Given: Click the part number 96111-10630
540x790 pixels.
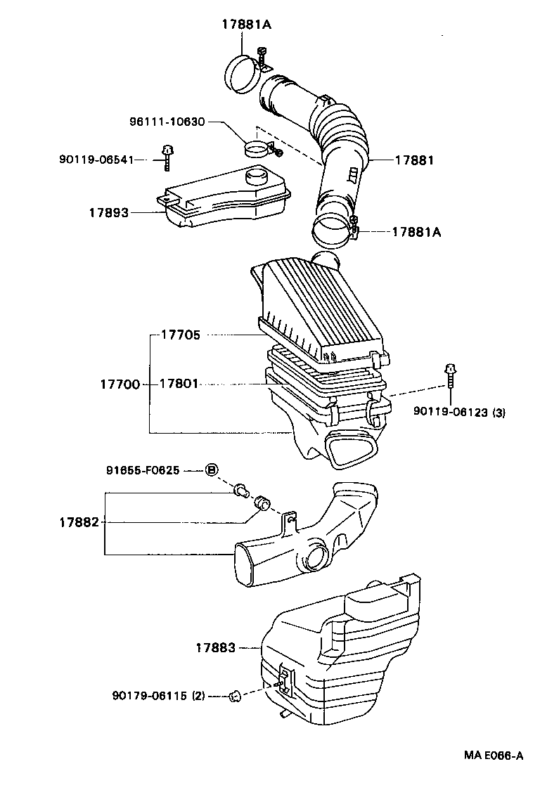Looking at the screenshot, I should click(x=167, y=122).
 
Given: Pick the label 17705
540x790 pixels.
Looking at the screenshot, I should click(x=181, y=335).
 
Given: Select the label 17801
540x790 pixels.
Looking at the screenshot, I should click(x=180, y=384).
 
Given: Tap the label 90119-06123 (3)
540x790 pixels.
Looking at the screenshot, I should click(x=459, y=413).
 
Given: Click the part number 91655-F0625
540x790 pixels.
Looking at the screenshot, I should click(x=144, y=470).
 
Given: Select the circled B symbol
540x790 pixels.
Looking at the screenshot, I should click(x=211, y=470).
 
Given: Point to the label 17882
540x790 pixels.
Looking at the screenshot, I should click(x=79, y=522).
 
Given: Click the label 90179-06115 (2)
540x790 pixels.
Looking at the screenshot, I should click(x=158, y=696).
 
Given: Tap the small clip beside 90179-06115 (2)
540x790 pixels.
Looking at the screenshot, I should click(x=235, y=697).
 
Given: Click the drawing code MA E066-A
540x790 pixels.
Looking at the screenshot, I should click(x=493, y=756).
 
